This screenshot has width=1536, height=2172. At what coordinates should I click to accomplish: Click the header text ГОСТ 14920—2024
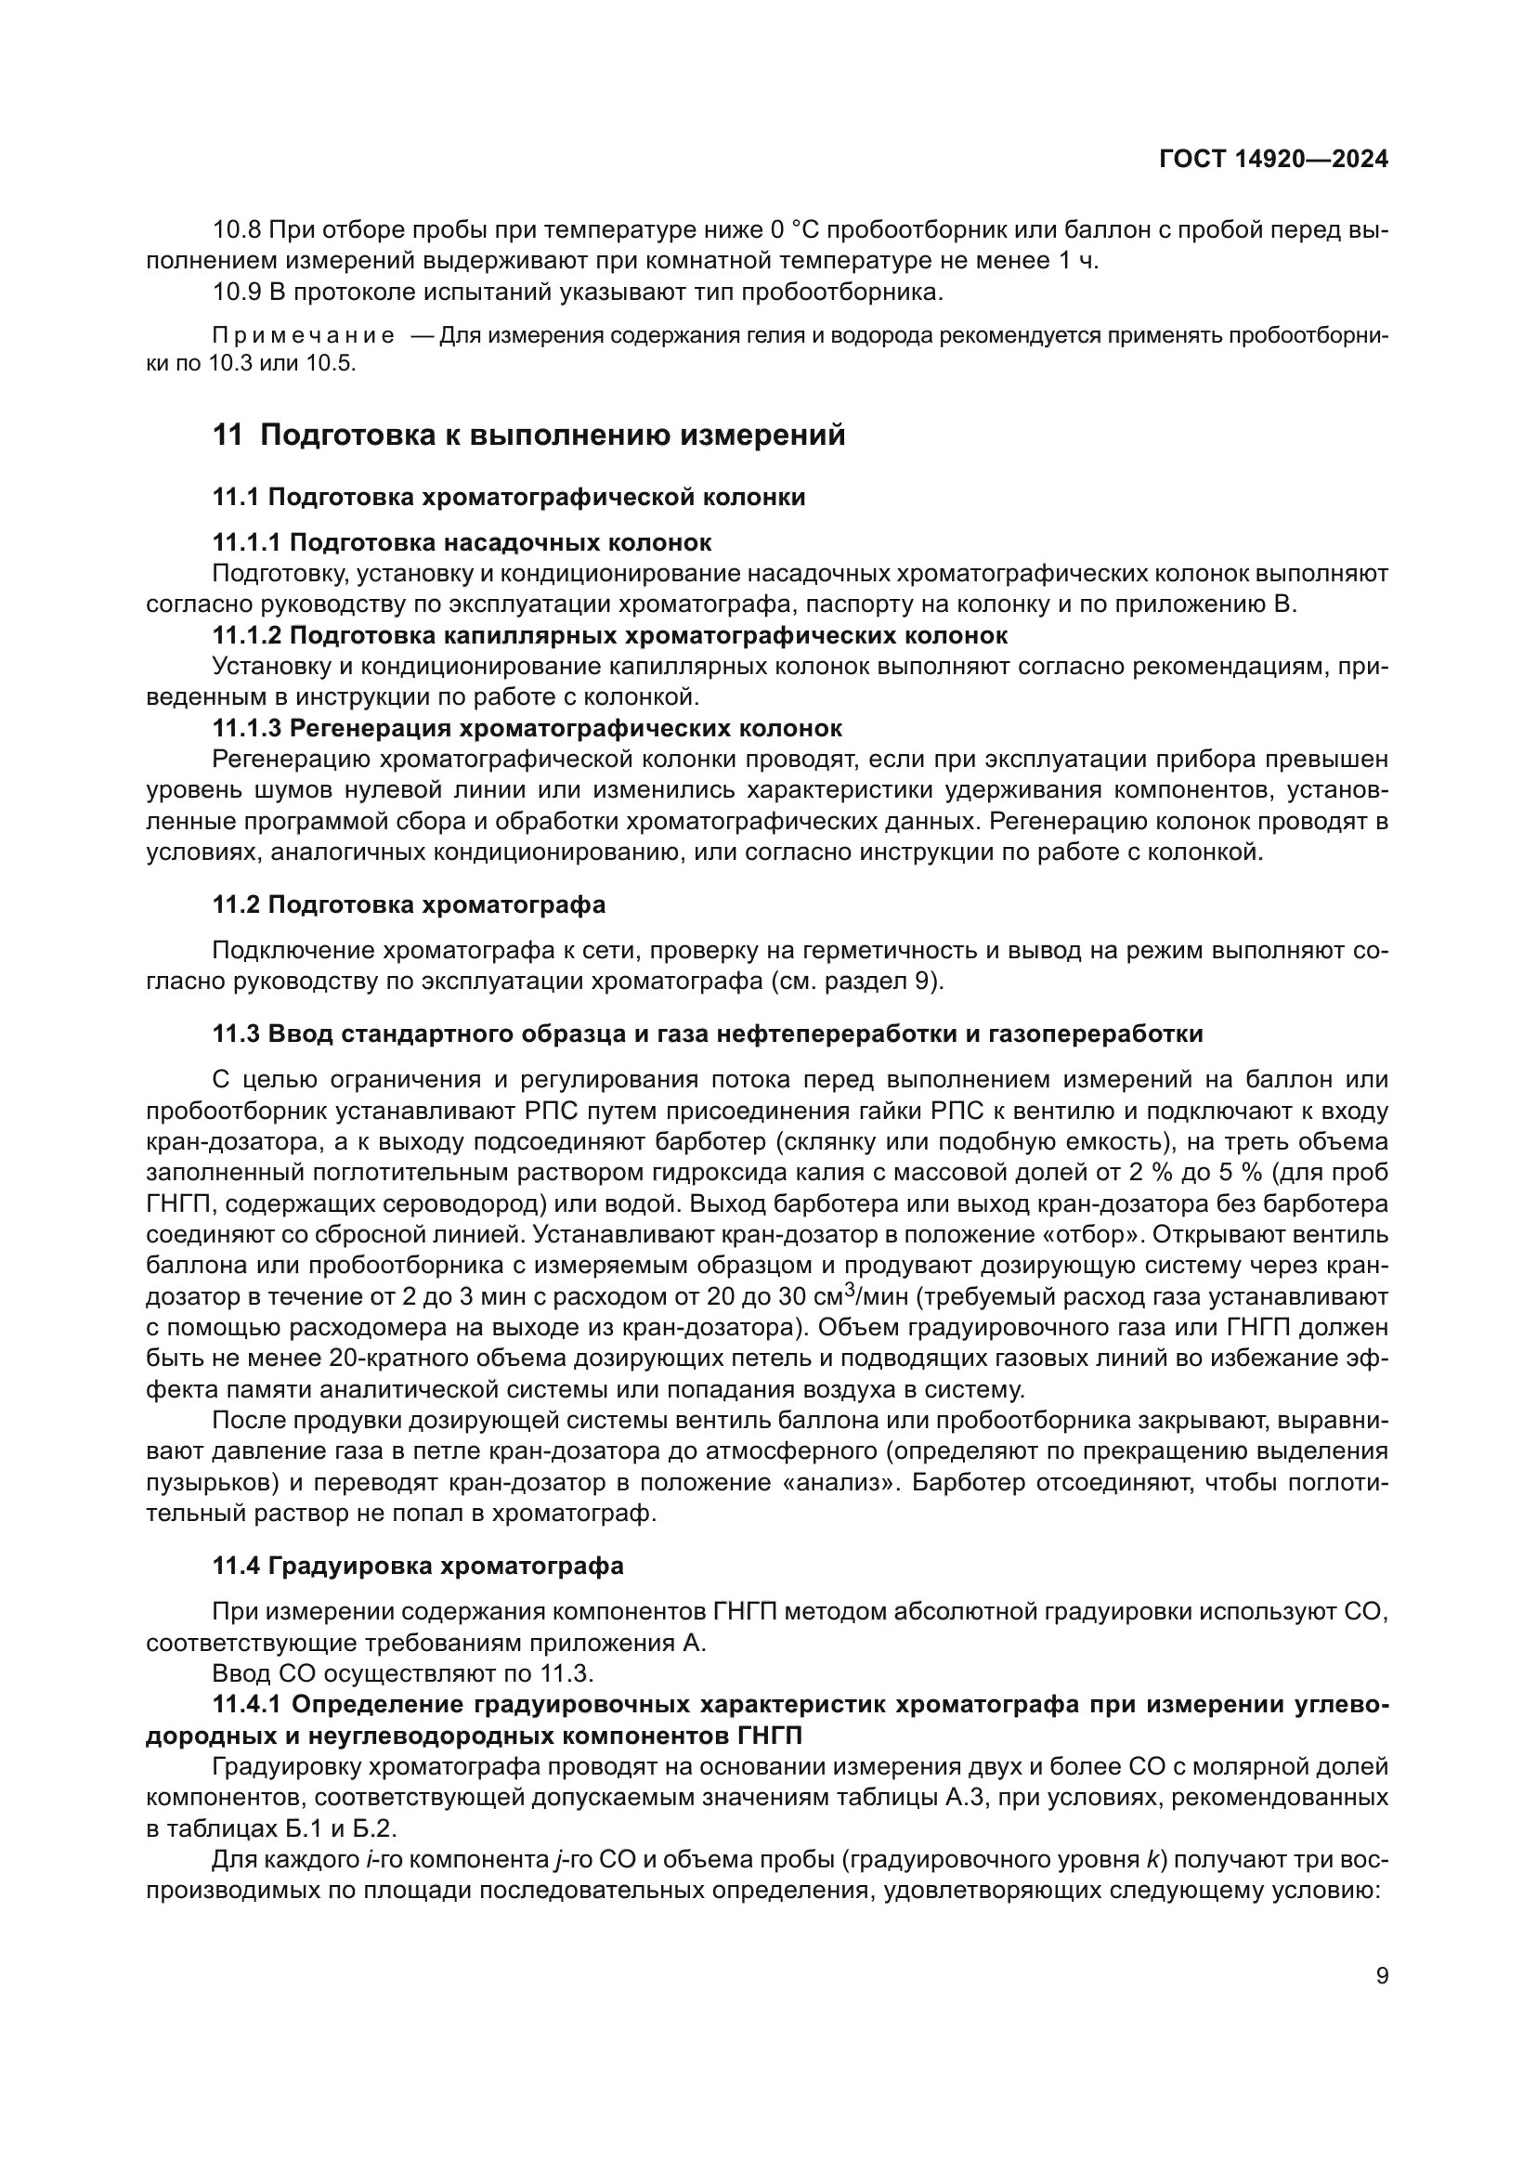click(x=1273, y=159)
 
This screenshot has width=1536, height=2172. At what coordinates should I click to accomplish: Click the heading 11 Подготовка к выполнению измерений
click(x=528, y=436)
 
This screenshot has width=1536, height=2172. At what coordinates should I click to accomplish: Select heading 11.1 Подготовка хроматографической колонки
click(x=509, y=497)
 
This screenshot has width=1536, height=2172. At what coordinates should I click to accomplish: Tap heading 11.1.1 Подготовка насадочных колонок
click(x=462, y=542)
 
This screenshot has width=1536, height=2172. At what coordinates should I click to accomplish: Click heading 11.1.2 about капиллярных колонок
click(x=609, y=635)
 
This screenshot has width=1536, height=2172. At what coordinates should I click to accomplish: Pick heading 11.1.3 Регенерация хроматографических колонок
click(x=527, y=727)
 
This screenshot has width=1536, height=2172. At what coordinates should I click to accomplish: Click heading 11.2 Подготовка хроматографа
click(x=409, y=904)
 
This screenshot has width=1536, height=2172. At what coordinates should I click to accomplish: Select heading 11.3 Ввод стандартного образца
click(x=707, y=1033)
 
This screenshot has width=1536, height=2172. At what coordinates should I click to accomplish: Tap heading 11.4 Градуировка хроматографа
click(x=417, y=1566)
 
